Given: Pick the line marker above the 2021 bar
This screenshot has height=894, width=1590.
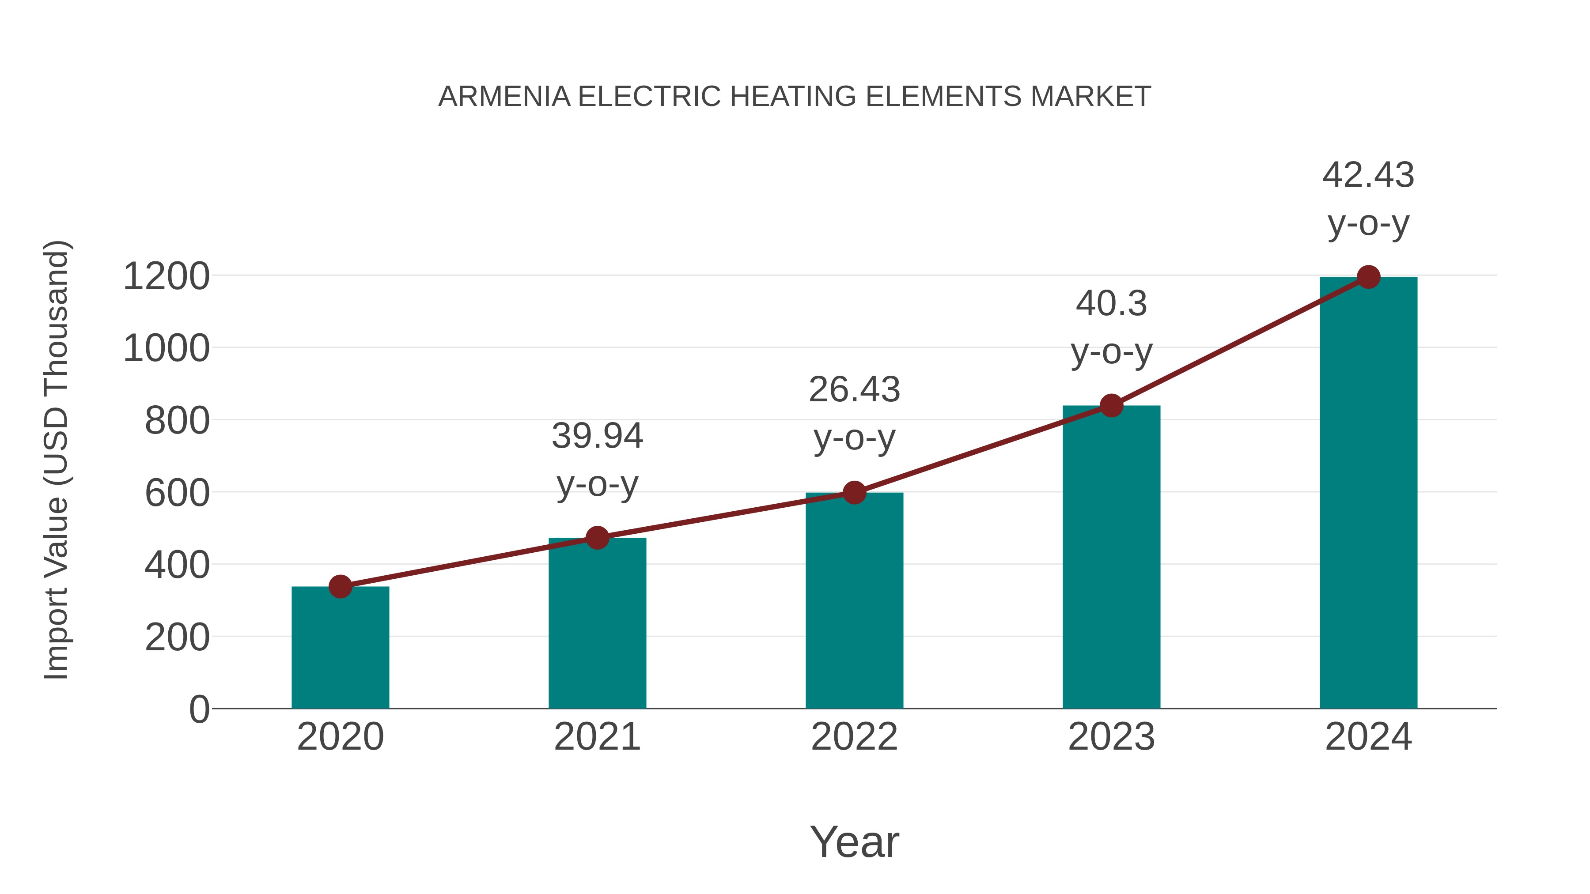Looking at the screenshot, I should coord(597,537).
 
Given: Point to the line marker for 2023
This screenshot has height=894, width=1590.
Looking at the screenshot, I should coord(1111,405).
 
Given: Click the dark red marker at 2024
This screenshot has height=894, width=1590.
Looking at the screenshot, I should coord(1368,277).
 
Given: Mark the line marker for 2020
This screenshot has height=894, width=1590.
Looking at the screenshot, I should coord(340,586).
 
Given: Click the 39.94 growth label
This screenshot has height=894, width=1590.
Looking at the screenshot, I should coord(597,436).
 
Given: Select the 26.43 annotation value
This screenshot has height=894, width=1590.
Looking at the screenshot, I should coord(854,389).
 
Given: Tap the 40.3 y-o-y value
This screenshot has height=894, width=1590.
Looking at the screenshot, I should coord(1111,304).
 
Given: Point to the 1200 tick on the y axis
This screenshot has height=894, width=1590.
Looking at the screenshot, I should coord(166,276).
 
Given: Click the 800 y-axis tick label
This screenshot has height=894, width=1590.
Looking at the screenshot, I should coord(177,422).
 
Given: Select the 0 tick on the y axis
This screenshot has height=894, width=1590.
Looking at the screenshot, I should coord(199,709).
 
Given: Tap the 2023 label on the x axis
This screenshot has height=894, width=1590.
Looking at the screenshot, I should coord(1111,737).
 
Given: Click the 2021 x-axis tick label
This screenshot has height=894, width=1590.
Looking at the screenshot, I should coord(597,737).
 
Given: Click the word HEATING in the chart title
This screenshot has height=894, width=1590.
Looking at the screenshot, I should coord(793,97).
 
